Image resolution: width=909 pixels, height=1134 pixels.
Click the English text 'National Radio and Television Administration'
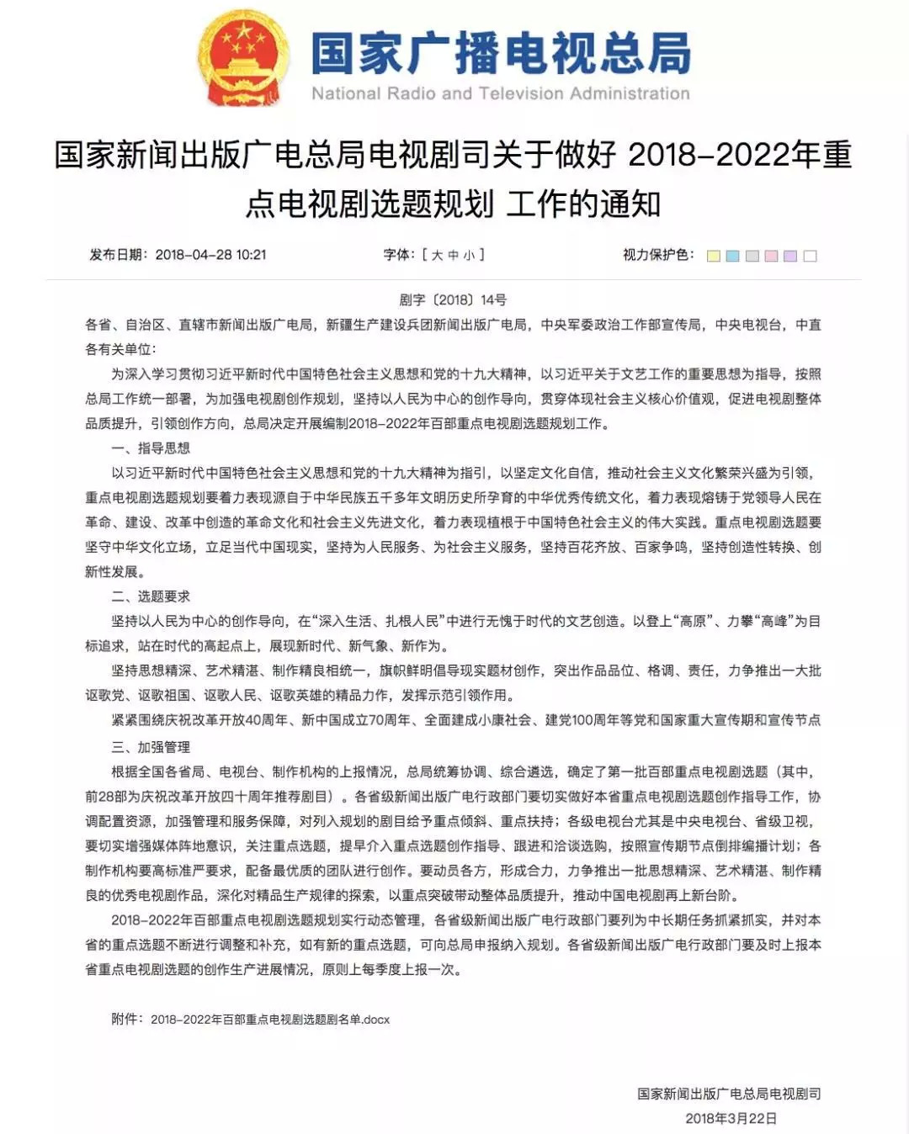click(500, 93)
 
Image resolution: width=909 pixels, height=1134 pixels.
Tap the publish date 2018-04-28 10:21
click(210, 254)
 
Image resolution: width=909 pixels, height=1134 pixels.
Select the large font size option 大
click(437, 255)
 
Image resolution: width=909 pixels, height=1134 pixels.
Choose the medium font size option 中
click(453, 255)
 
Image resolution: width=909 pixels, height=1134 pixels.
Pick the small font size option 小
click(469, 255)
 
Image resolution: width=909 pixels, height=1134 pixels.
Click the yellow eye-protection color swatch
click(714, 256)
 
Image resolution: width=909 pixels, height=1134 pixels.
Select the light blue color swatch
click(733, 256)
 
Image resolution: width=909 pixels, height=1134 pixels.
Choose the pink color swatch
click(772, 256)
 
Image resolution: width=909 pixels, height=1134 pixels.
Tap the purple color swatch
click(790, 256)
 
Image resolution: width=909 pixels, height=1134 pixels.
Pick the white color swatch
click(811, 256)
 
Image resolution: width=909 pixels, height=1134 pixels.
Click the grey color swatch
click(752, 256)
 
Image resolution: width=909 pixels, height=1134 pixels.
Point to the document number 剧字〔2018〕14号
click(453, 299)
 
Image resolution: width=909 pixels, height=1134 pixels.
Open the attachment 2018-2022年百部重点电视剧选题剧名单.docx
click(270, 1019)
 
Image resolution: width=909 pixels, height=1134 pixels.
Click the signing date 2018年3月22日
click(731, 1118)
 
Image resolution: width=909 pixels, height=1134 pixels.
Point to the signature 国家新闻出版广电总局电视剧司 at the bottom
click(729, 1094)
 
